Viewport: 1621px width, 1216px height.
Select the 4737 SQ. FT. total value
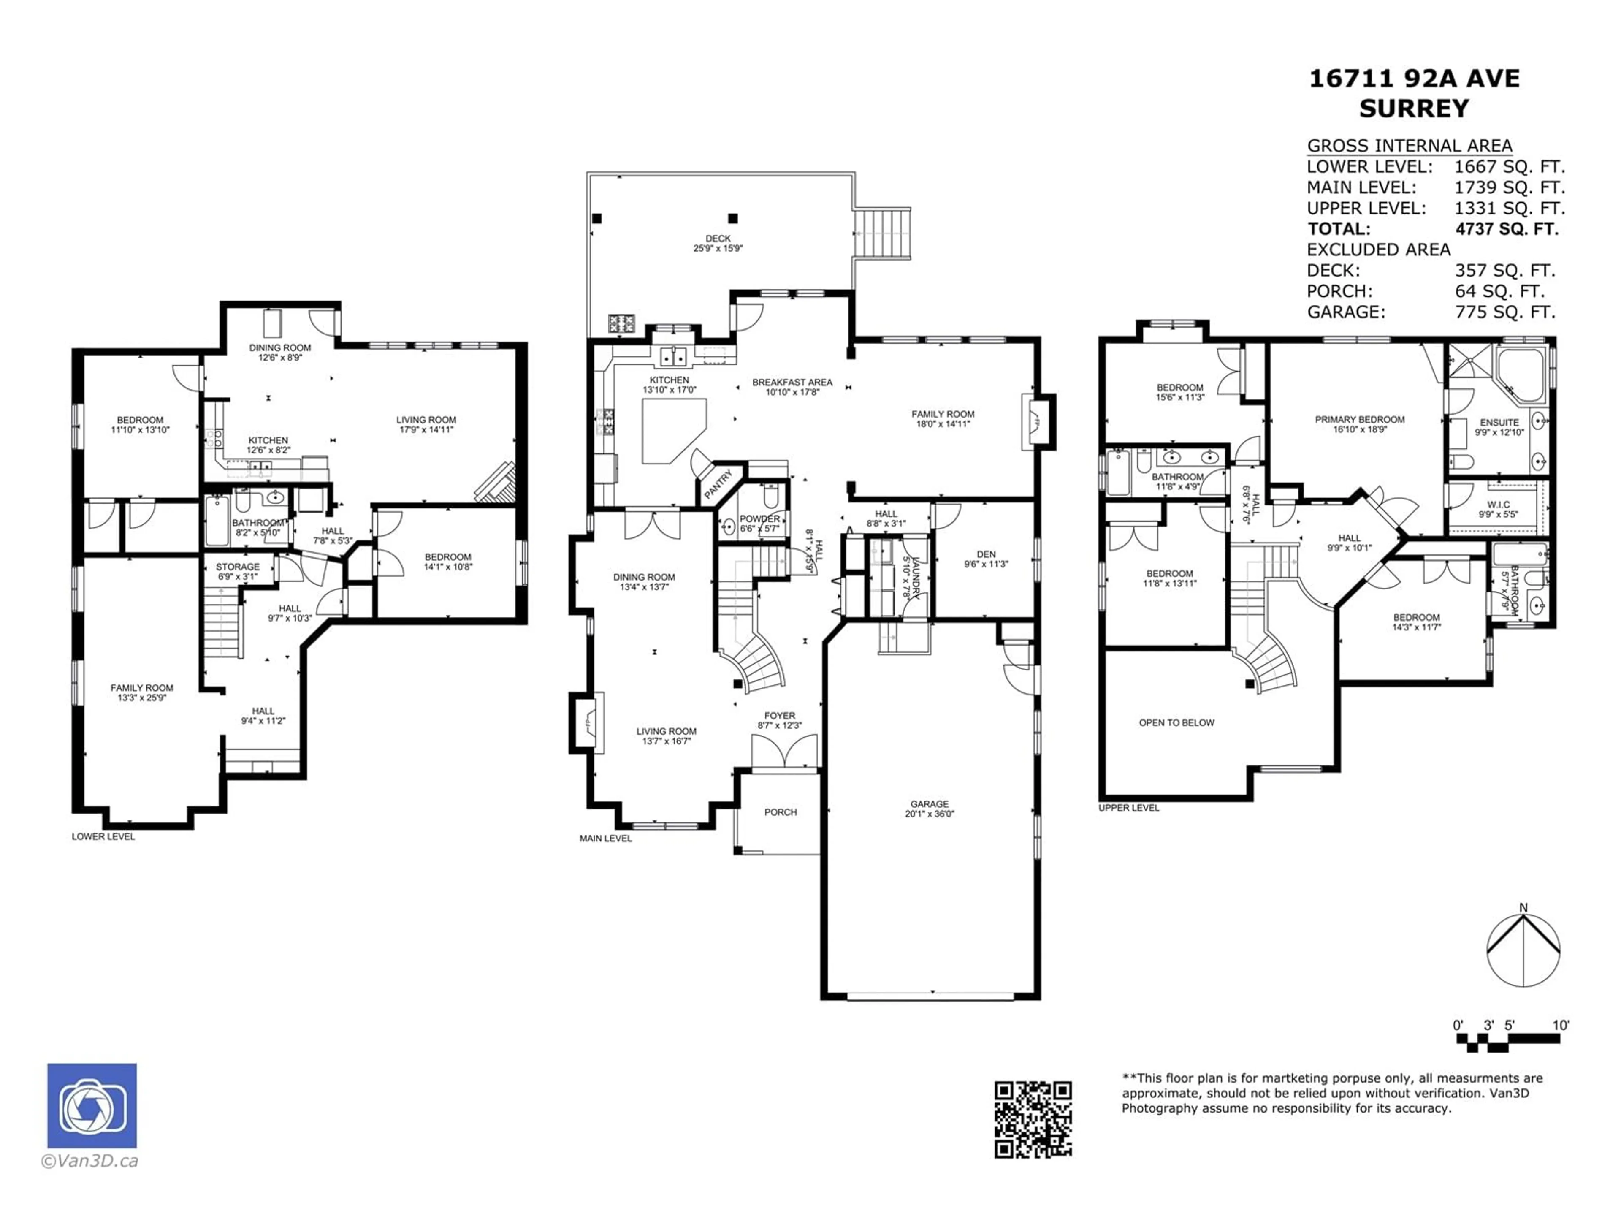pyautogui.click(x=1507, y=229)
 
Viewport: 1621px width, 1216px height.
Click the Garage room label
pyautogui.click(x=929, y=804)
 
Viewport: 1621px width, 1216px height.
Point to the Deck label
pyautogui.click(x=718, y=238)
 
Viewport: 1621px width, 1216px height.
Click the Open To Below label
pyautogui.click(x=1176, y=723)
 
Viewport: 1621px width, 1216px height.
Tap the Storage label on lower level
pyautogui.click(x=237, y=567)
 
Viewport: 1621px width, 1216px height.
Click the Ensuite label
pyautogui.click(x=1499, y=422)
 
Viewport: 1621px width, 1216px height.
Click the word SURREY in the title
pyautogui.click(x=1414, y=109)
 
